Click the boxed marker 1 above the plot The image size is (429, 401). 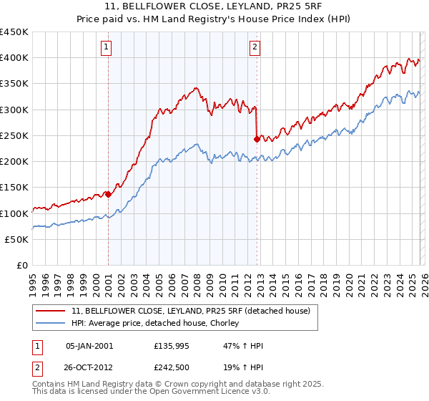pos(106,48)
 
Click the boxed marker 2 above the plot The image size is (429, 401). pos(255,48)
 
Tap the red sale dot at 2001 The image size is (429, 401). pos(108,194)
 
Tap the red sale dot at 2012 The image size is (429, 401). pos(257,139)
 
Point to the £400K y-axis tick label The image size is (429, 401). pos(14,58)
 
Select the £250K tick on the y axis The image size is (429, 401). pos(14,135)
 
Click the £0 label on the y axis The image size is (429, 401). pos(22,265)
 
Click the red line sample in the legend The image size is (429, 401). pos(51,311)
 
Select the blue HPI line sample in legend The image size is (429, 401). pos(51,324)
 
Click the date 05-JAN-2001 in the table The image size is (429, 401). pos(89,346)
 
